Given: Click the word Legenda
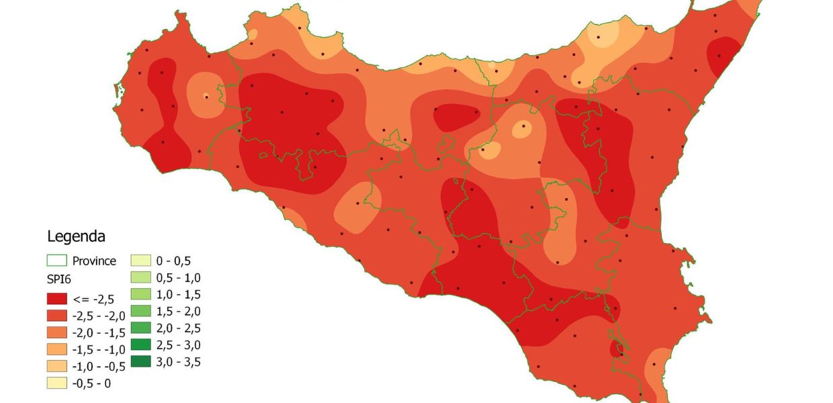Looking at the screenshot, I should (76, 236).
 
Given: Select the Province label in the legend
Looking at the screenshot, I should (94, 261).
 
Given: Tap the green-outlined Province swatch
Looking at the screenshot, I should (56, 261).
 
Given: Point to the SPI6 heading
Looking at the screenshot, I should (58, 278).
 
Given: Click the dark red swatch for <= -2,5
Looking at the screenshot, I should (56, 298).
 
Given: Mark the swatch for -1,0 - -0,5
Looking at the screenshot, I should (56, 366).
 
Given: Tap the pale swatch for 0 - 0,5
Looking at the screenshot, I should (140, 261).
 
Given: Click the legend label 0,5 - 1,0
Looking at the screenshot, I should (178, 277).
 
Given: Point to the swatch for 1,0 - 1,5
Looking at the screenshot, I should (140, 294).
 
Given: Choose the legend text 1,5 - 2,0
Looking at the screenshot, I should (178, 311).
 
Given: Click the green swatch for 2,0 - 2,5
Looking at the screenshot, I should (140, 328).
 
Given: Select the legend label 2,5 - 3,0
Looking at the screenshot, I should (178, 345).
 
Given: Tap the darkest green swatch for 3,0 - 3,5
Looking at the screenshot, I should (140, 362).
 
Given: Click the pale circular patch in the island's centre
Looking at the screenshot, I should (522, 129).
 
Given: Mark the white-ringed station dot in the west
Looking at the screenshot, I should (206, 96).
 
